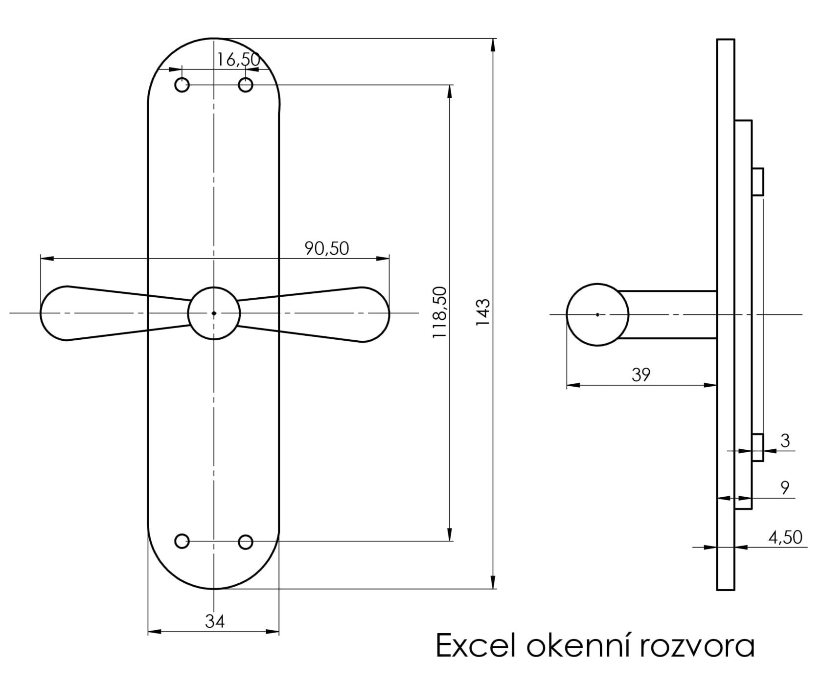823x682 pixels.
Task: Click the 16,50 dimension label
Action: [238, 60]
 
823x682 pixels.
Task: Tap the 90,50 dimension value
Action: [327, 248]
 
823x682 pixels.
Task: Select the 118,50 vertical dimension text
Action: [439, 313]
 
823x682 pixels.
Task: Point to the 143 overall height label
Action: [482, 313]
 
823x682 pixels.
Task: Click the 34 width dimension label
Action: [215, 621]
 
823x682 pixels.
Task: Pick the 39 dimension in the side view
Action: [641, 374]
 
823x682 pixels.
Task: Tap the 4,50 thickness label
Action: [785, 537]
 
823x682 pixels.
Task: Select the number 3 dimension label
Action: [785, 440]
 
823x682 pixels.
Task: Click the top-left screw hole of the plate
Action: [182, 85]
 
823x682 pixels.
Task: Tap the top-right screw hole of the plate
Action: [246, 85]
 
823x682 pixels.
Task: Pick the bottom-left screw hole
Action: [182, 541]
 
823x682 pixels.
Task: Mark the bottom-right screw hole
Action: [246, 542]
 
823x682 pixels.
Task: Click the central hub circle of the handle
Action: [214, 313]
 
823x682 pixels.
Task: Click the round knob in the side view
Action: [597, 315]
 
